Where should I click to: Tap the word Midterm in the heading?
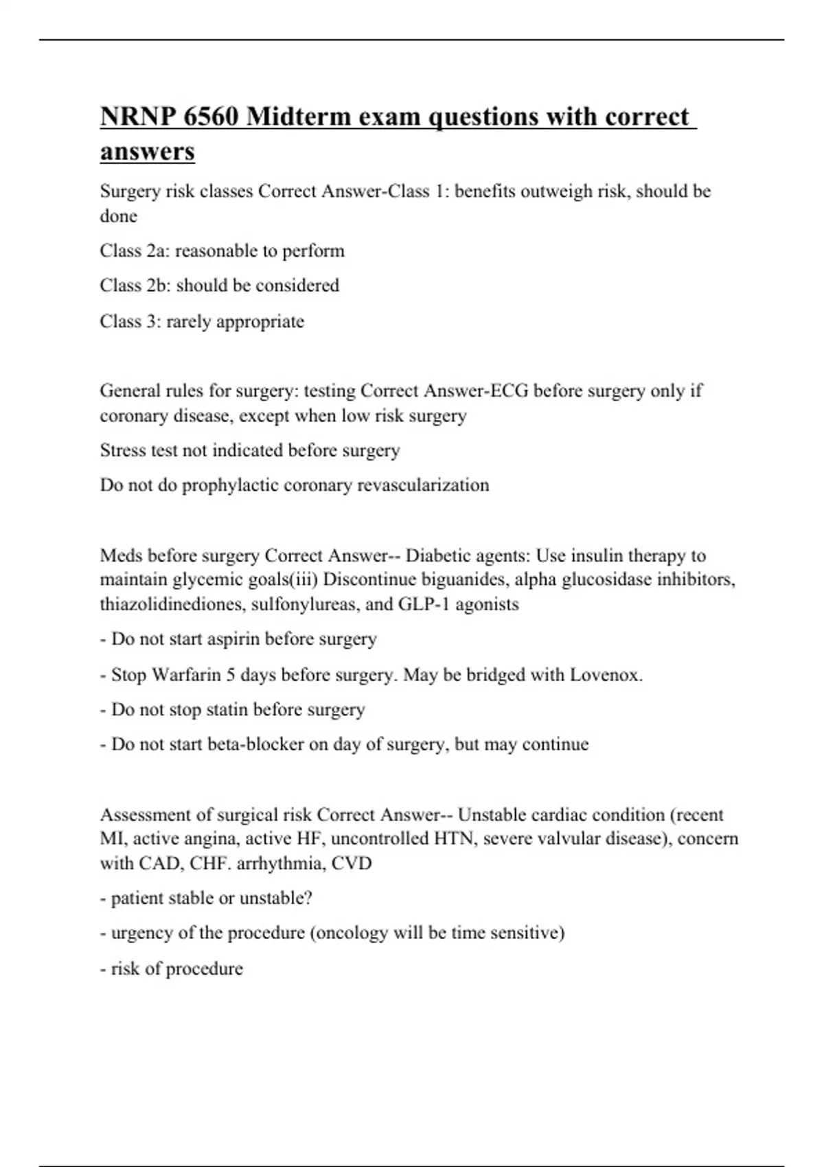click(x=299, y=117)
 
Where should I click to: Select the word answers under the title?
click(x=147, y=151)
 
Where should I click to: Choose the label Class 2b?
click(x=135, y=286)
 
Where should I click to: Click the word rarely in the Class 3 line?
click(x=188, y=321)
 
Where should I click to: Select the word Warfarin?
click(x=187, y=675)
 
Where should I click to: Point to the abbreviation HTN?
click(x=454, y=839)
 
